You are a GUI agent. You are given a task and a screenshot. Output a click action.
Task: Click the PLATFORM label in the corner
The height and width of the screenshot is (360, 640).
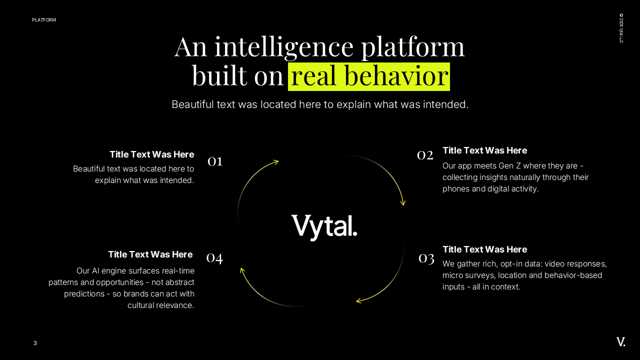pos(44,20)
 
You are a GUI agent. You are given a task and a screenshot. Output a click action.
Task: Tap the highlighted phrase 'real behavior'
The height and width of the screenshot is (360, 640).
pos(369,76)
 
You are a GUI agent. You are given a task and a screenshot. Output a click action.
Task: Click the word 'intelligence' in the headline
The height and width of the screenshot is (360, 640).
pos(284,46)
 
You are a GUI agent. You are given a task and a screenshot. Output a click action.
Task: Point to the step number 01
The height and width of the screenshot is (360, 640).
pos(215,160)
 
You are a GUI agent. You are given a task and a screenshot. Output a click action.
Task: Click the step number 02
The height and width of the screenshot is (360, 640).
pos(425,155)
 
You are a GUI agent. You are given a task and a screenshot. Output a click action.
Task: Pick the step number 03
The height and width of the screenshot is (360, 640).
pos(426,258)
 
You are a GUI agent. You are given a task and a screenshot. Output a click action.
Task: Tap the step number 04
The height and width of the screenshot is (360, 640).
pos(214,257)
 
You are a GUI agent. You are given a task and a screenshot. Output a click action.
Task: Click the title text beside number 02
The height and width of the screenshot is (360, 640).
pos(484,150)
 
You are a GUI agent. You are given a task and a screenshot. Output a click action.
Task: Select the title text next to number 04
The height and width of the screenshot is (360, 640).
pos(150,254)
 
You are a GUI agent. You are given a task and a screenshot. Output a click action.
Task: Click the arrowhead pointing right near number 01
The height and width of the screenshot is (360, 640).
pos(275,161)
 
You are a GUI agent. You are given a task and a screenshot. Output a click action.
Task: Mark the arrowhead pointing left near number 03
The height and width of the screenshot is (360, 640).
pos(359,301)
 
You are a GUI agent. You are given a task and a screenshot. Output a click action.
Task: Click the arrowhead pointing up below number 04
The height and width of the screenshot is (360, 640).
pos(242,270)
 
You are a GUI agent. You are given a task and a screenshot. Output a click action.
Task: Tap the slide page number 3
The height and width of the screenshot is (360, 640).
pos(35,343)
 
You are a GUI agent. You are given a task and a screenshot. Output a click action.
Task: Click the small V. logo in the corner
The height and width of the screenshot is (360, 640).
pos(621,342)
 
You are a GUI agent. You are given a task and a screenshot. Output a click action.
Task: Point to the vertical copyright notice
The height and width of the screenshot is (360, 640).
pos(621,28)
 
